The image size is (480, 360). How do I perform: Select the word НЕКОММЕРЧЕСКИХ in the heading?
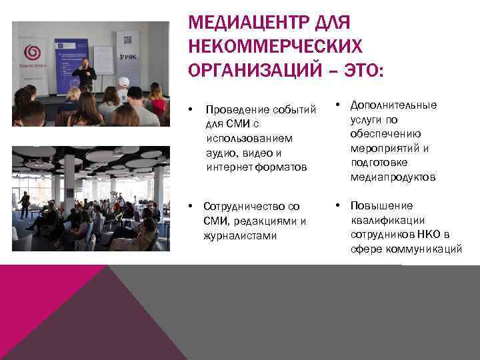pos(276,46)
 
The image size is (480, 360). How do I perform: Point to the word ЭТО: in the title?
pos(363,69)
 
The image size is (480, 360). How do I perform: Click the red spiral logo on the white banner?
pos(32,52)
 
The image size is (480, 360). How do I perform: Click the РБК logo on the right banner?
pos(129,57)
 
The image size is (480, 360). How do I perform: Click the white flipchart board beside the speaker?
pos(103,63)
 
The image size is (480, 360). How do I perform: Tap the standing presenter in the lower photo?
pos(25,203)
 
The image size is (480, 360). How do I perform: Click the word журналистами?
pos(239,235)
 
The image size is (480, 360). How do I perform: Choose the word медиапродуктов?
pos(393,177)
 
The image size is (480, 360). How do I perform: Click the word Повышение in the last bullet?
pos(381,205)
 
